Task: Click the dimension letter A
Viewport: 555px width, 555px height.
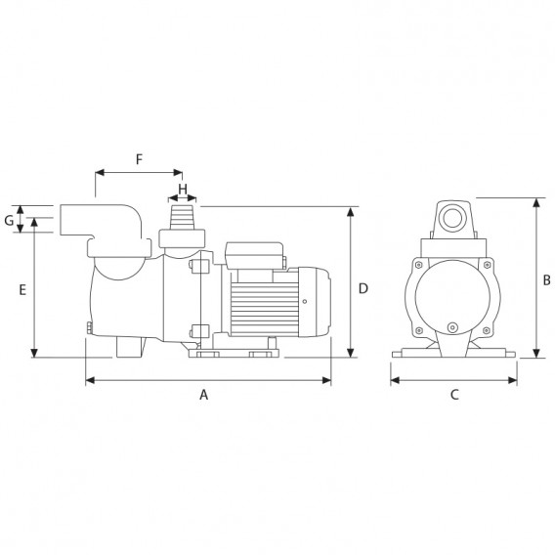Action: (x=203, y=395)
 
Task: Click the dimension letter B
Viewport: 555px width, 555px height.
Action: (x=547, y=280)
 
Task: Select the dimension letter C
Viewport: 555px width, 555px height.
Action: (x=454, y=395)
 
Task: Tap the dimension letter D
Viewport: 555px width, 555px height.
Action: (x=363, y=289)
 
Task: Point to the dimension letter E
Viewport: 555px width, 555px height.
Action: (x=22, y=290)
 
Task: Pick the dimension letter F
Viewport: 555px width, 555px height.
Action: (x=139, y=159)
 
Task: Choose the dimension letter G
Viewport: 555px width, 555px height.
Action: (x=9, y=221)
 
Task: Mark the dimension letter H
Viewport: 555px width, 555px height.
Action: (x=183, y=190)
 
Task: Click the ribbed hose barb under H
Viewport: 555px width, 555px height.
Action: (x=183, y=217)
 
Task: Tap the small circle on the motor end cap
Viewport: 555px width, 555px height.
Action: (x=305, y=302)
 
